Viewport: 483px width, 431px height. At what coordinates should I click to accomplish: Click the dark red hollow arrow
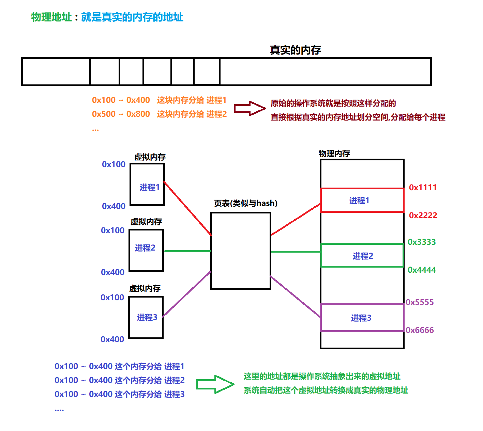point(250,108)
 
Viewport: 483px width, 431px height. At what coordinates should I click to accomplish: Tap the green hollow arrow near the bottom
point(215,384)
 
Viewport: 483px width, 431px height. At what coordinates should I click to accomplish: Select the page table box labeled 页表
point(241,251)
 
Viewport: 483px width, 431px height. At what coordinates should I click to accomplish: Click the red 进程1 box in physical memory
point(362,201)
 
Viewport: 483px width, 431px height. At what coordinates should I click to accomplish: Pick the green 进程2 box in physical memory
point(362,256)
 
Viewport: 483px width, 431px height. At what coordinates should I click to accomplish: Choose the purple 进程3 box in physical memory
point(362,318)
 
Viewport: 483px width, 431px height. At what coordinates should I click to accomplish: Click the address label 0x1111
point(423,188)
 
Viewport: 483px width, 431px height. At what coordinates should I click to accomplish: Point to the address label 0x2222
point(423,215)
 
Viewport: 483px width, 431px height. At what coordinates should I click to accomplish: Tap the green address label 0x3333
point(422,242)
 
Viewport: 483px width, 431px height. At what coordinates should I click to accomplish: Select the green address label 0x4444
point(422,270)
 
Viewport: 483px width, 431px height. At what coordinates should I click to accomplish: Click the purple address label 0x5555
point(420,302)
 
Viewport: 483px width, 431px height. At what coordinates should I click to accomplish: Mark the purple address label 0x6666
point(420,330)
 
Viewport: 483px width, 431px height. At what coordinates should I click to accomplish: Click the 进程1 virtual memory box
point(147,185)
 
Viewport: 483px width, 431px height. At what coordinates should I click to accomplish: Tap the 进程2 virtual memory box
point(146,250)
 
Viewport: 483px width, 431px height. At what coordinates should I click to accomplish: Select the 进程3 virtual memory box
point(146,317)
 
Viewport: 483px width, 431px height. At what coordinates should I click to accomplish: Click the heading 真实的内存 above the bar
point(295,50)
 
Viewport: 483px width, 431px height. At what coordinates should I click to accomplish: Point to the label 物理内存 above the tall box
point(334,154)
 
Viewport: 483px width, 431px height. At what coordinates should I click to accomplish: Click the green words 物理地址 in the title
point(51,17)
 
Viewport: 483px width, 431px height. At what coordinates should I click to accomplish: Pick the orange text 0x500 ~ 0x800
point(121,114)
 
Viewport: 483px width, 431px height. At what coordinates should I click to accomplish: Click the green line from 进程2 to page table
point(187,251)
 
